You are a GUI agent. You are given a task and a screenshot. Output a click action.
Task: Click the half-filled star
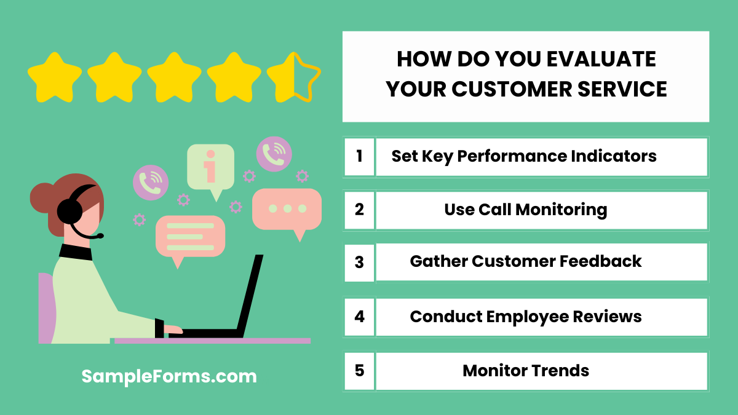click(x=293, y=77)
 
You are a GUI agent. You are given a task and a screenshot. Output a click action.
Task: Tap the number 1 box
click(x=359, y=156)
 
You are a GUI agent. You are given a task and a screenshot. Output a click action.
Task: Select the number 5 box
click(x=359, y=371)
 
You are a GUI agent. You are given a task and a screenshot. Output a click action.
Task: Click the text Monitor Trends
click(x=526, y=371)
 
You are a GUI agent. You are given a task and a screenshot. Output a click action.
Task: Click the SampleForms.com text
click(x=169, y=376)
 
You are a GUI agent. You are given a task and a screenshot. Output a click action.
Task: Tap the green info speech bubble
click(x=210, y=167)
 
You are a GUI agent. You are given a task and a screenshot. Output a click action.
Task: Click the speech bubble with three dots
click(x=287, y=209)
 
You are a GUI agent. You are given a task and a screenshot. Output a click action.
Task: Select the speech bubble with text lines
click(x=190, y=236)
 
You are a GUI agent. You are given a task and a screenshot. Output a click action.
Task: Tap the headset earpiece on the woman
click(x=69, y=212)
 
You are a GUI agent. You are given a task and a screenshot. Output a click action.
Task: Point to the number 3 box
click(x=359, y=263)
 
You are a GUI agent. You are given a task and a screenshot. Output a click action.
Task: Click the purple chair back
click(x=46, y=307)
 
